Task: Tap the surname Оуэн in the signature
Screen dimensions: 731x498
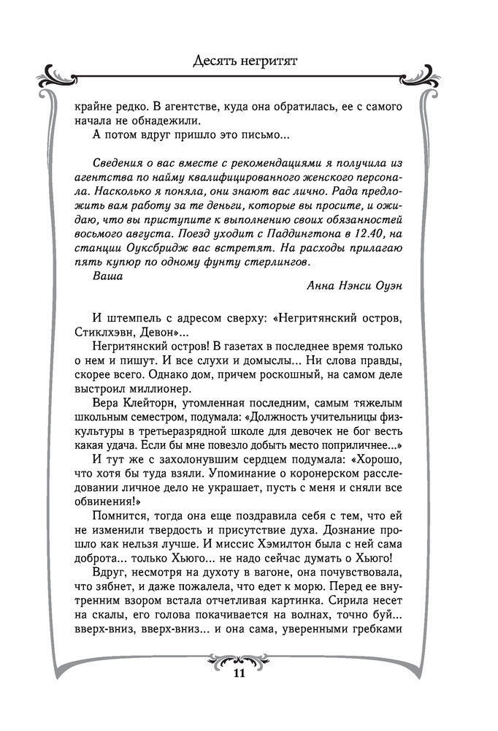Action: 384,285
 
